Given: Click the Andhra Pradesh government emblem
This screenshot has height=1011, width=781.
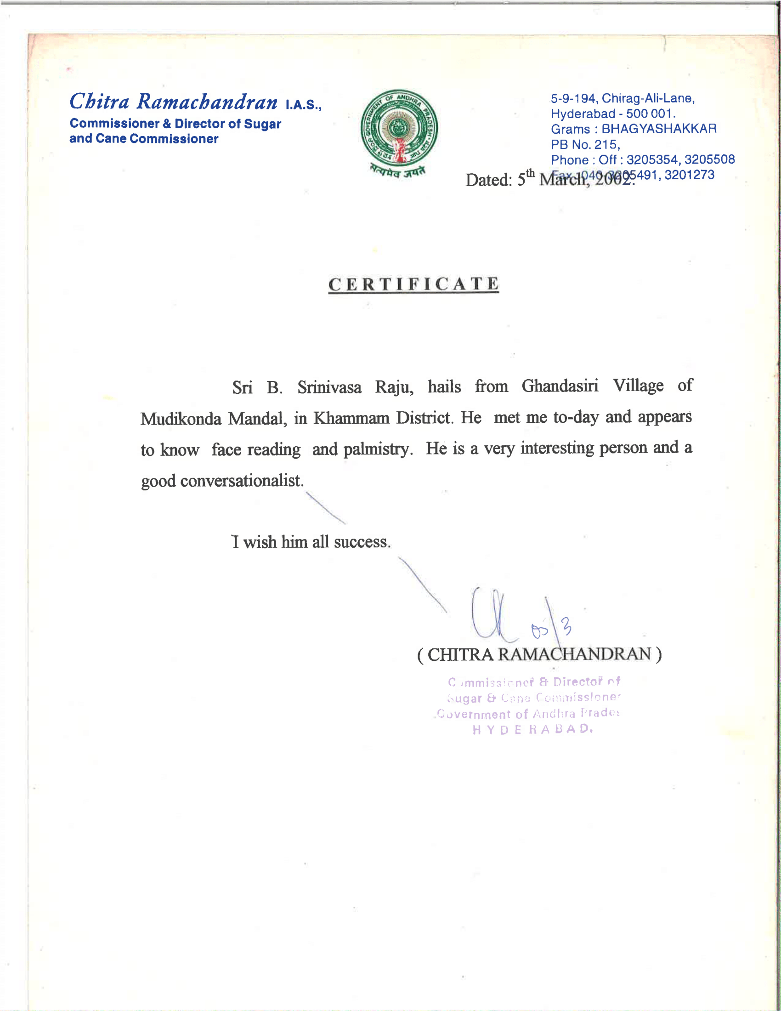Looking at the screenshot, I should pyautogui.click(x=398, y=129).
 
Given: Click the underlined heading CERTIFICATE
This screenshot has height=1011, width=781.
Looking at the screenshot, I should pyautogui.click(x=413, y=284).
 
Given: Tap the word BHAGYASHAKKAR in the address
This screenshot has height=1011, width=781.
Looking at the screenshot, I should pyautogui.click(x=659, y=129).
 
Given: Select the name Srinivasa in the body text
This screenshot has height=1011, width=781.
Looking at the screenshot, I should pyautogui.click(x=329, y=387).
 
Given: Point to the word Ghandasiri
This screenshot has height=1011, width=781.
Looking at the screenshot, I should pyautogui.click(x=560, y=386).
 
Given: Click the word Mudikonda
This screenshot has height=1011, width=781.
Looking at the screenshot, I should pyautogui.click(x=181, y=419).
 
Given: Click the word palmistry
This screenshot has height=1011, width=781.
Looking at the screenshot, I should pyautogui.click(x=378, y=449).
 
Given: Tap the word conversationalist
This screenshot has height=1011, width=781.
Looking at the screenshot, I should pyautogui.click(x=242, y=481).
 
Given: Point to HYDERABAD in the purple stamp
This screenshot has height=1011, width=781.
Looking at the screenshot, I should pyautogui.click(x=532, y=730).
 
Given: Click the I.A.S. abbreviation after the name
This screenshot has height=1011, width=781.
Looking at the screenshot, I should pyautogui.click(x=303, y=105).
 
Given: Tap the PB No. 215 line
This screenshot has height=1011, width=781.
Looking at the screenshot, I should pyautogui.click(x=585, y=144).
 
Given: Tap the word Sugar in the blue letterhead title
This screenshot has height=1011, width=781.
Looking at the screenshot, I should pyautogui.click(x=262, y=124).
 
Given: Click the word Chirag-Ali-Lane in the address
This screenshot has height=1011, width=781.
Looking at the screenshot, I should pyautogui.click(x=648, y=98).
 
